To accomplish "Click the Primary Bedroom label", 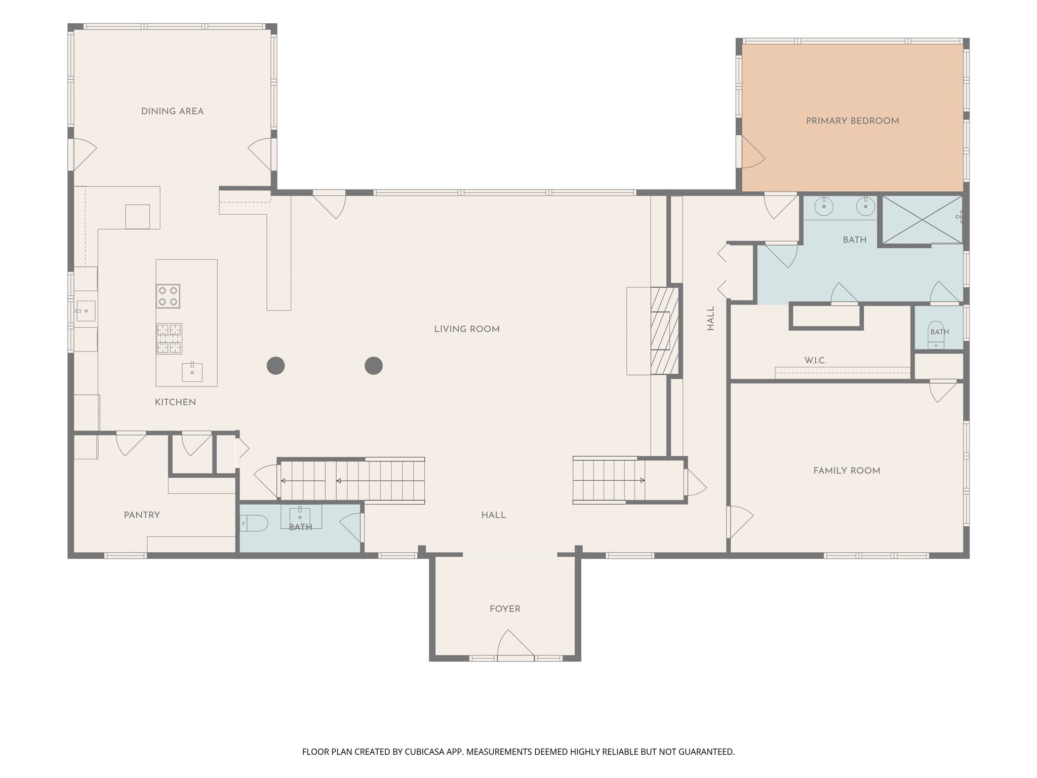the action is (x=852, y=121).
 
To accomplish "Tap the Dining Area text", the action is (x=172, y=111).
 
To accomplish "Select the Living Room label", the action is (x=467, y=329).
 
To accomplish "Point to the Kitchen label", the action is (x=175, y=402).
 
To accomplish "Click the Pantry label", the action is (x=142, y=515).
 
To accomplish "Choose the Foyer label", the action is (x=505, y=609).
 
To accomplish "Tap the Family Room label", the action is (x=847, y=471).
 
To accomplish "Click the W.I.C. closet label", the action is (x=815, y=361).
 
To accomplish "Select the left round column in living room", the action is (x=275, y=365).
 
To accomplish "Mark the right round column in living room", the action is (x=373, y=365).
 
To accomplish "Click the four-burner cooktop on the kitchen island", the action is (x=168, y=296).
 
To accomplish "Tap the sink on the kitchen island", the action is (x=192, y=372).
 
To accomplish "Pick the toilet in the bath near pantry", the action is (x=254, y=523).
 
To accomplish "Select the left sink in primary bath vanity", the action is (x=824, y=206).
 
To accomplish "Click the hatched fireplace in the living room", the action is (x=664, y=331).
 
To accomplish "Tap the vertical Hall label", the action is (x=711, y=318).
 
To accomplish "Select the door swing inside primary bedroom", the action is (x=753, y=151).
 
